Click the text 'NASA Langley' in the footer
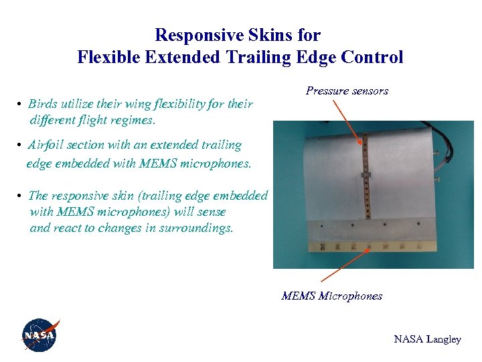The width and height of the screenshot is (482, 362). (427, 339)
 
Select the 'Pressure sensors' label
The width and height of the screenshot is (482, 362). (347, 90)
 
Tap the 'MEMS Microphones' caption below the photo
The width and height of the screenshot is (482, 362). (331, 296)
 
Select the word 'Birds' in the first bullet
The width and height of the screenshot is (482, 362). (43, 104)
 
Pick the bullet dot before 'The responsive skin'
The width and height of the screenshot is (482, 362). (21, 196)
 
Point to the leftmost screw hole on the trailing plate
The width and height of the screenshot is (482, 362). (321, 226)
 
